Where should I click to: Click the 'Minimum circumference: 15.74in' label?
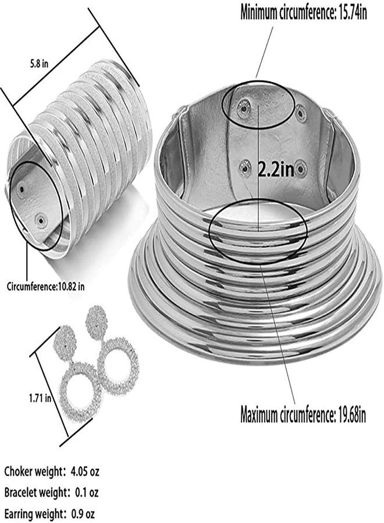click(x=304, y=13)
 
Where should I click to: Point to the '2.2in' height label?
click(x=276, y=170)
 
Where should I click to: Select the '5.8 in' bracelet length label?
click(x=40, y=64)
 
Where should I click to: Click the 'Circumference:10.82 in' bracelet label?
click(x=45, y=286)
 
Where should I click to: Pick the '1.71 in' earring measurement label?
click(x=40, y=397)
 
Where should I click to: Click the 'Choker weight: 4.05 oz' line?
click(x=52, y=472)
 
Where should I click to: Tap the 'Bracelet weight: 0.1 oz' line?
click(x=51, y=492)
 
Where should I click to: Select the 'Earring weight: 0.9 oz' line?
click(x=49, y=513)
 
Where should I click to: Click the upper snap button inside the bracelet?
click(x=22, y=189)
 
